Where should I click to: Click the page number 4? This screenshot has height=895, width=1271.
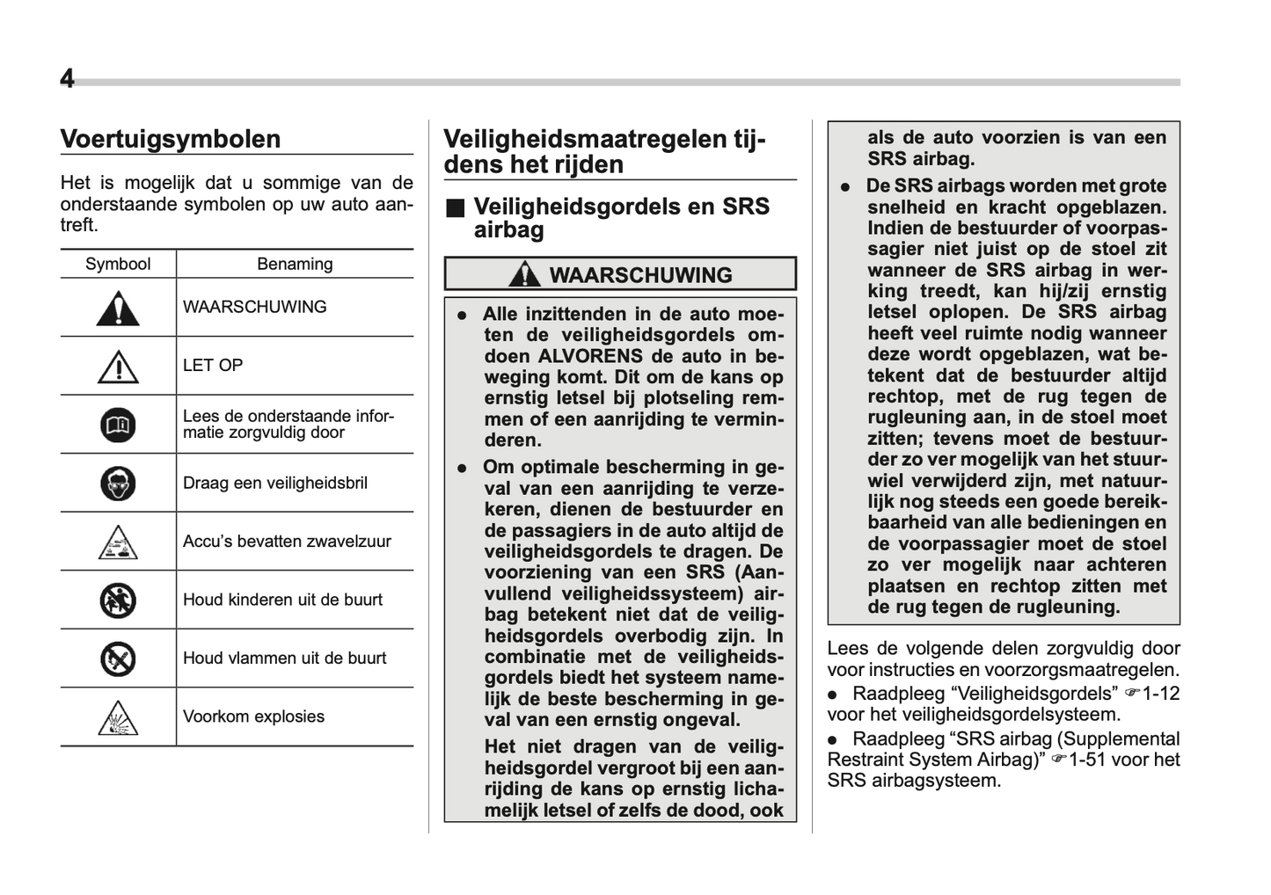coord(67,79)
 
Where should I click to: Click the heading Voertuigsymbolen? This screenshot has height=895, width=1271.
coord(170,139)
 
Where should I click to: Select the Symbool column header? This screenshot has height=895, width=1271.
coord(118,264)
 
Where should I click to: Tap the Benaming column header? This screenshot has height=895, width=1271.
coord(295,264)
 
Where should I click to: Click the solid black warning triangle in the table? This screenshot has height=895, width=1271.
coord(118,308)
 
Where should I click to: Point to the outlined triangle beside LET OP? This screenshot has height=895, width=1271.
coord(118,367)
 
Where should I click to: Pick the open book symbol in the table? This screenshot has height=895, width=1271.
coord(118,426)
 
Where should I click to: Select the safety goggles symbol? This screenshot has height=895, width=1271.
coord(118,484)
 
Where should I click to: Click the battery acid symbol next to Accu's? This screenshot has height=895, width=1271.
coord(118,542)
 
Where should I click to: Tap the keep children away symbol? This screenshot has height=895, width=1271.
coord(118,600)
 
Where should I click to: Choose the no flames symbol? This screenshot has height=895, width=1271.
coord(118,659)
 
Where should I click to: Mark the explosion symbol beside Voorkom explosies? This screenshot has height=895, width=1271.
coord(118,717)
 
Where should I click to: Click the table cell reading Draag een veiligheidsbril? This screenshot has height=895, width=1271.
coord(274,484)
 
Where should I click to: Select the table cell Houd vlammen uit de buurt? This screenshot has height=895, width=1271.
coord(284,659)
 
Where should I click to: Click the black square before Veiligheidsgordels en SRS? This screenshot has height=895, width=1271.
coord(454,208)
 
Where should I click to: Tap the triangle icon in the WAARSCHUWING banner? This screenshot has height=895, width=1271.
coord(525,274)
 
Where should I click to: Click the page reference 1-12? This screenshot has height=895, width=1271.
coord(1160,694)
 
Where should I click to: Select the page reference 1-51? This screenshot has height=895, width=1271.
coord(1086,760)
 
